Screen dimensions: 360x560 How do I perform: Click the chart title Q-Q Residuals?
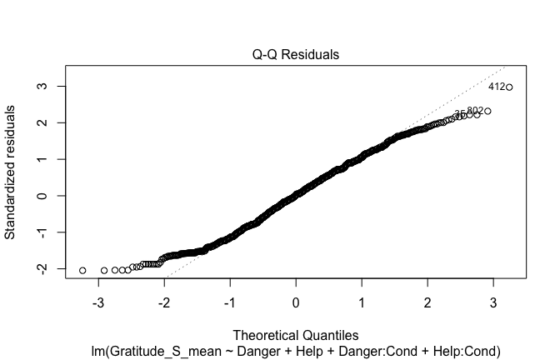[296, 55]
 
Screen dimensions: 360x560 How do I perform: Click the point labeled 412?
[509, 87]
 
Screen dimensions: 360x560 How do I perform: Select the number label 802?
[475, 111]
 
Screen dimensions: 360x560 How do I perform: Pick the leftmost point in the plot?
[82, 271]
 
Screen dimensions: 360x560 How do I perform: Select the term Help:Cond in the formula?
[464, 351]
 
